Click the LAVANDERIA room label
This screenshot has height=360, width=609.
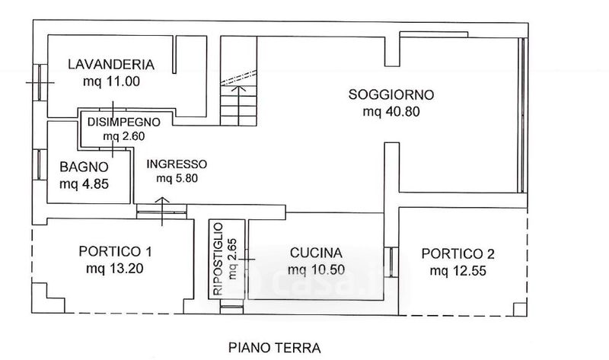[111, 65]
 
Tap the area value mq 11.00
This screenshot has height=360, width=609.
[111, 81]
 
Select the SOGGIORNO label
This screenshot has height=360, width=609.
[391, 95]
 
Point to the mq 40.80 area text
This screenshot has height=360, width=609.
[391, 112]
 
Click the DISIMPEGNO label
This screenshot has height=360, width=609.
[124, 122]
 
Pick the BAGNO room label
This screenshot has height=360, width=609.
[84, 167]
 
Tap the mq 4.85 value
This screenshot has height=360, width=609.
[84, 184]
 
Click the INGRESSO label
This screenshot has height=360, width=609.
[177, 164]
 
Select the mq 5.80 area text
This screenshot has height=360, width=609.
[177, 178]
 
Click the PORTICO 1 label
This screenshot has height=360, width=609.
[116, 252]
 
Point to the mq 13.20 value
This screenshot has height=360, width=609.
[115, 269]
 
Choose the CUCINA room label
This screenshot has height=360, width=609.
[316, 253]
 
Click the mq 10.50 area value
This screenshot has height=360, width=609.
[316, 269]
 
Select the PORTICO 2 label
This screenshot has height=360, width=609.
[458, 254]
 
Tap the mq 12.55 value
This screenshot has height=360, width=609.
[458, 271]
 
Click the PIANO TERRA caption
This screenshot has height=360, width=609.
[275, 348]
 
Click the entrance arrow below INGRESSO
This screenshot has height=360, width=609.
[162, 212]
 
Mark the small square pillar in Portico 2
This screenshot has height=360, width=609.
[520, 309]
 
